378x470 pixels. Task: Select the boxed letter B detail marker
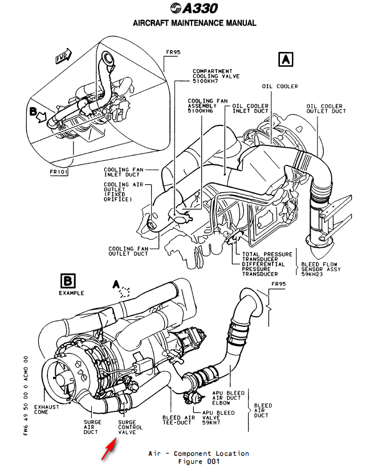pos(67,281)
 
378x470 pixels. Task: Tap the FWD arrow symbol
pos(64,56)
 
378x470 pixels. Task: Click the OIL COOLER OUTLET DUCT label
pos(326,108)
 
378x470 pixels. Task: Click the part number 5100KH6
pos(201,111)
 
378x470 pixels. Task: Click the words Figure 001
pos(198,461)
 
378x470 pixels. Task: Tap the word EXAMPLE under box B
pos(71,293)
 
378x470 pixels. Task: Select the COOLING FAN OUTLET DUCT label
pos(128,252)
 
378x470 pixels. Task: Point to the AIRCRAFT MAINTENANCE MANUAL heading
pos(194,23)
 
